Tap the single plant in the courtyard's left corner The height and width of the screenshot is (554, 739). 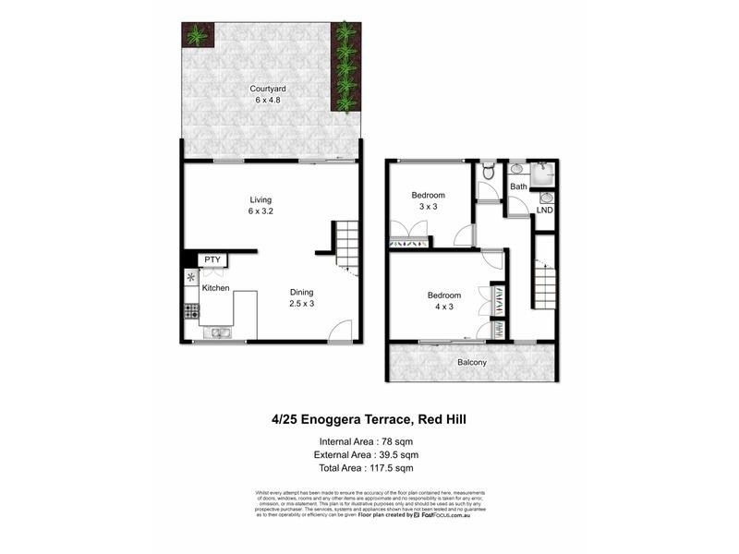196,36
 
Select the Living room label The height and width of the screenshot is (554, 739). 260,199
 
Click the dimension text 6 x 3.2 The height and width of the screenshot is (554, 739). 260,211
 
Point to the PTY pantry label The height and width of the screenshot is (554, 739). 212,260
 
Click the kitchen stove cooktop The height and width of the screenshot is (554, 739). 192,311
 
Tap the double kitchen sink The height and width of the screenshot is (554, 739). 220,332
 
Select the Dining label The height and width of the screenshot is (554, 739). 302,292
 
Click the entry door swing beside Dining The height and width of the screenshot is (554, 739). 342,331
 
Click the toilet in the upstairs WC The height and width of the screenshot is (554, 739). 488,172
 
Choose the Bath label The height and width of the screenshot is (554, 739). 518,187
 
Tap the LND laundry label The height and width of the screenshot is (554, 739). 544,211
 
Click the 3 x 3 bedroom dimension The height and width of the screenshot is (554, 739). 428,207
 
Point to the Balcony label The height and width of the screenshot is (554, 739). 471,363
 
